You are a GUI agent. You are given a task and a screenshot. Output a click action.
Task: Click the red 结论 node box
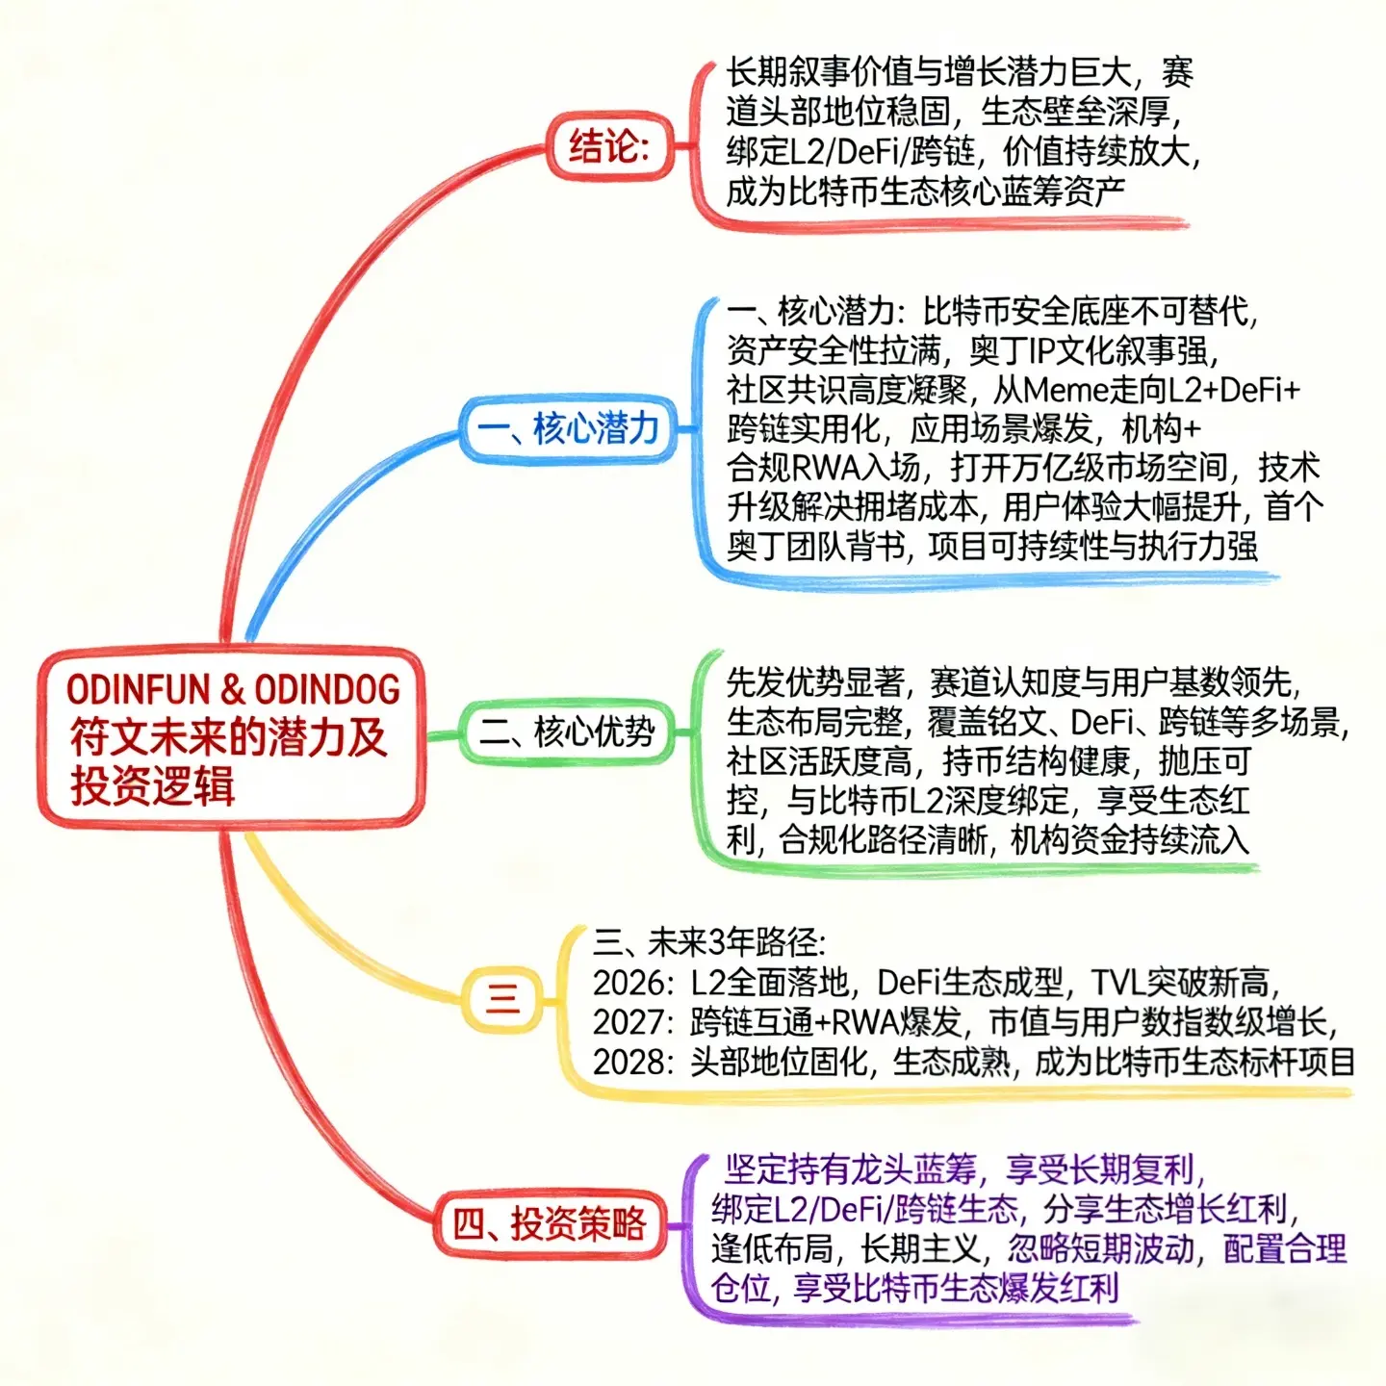tap(609, 146)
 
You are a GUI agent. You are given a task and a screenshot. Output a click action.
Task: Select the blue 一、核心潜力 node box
tap(568, 428)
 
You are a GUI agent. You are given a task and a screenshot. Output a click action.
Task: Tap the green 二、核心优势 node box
tap(567, 732)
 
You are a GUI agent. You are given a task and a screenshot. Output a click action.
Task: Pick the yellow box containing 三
tap(502, 998)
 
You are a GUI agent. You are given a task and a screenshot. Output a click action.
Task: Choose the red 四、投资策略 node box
tap(550, 1224)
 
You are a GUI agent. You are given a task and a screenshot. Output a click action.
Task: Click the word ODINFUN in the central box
tap(138, 689)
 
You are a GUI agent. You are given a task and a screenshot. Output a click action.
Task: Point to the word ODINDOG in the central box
tap(327, 689)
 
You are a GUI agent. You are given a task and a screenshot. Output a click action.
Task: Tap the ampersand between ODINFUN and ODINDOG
tap(232, 689)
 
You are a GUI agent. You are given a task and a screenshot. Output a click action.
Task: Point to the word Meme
tap(1068, 390)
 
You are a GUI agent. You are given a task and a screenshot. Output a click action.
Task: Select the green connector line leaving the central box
tap(442, 736)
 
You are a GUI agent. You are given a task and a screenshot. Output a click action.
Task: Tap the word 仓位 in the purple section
tap(742, 1288)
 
